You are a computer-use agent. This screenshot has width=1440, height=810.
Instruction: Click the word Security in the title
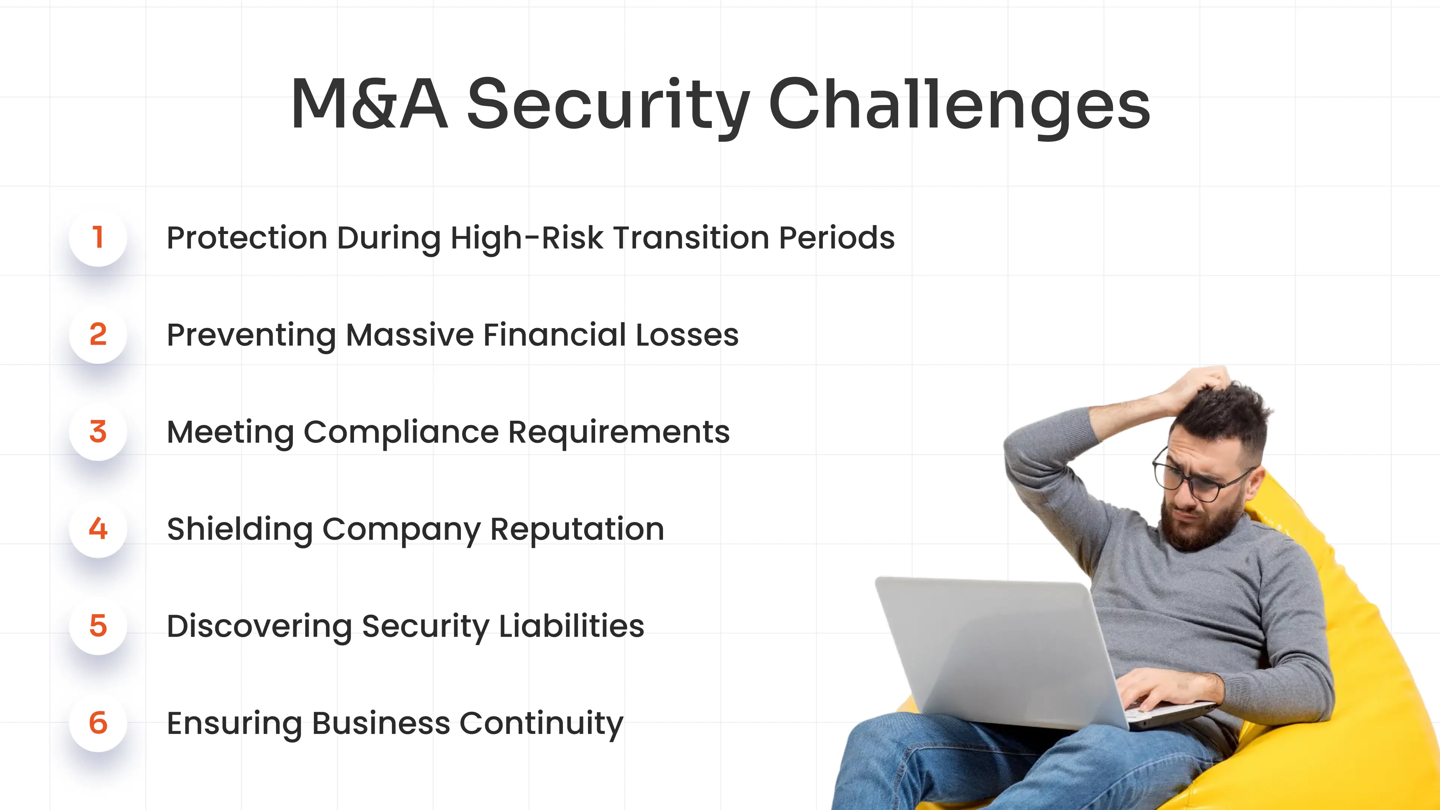pos(608,105)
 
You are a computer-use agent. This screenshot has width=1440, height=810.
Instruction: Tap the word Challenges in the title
pos(959,105)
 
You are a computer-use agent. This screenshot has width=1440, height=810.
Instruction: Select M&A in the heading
pos(369,105)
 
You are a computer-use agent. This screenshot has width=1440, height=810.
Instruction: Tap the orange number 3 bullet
pos(98,432)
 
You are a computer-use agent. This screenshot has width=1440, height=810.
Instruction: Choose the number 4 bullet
pos(98,529)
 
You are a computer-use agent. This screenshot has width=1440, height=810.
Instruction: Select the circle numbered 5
pos(98,625)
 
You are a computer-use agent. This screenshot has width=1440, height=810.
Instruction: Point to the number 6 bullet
pos(98,723)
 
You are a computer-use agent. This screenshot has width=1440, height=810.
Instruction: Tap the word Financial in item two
pos(555,335)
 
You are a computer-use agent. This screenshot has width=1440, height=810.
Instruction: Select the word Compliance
pos(401,432)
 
